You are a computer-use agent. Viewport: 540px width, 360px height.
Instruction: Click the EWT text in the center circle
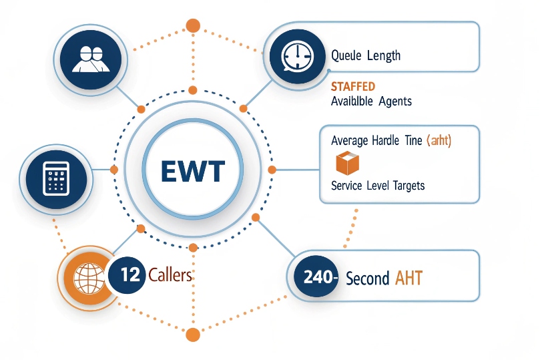tap(193, 171)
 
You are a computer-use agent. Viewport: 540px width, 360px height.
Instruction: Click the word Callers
tap(170, 275)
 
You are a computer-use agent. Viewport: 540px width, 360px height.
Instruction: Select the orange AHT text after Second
tap(409, 277)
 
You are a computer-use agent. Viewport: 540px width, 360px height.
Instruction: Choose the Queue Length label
tap(366, 55)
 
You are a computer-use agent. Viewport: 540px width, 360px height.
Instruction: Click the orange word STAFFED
tap(352, 87)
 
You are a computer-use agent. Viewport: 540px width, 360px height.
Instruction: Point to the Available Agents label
tap(371, 102)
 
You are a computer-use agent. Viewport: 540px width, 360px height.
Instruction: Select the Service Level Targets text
tap(378, 185)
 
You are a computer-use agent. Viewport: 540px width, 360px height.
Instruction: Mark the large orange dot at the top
tap(192, 25)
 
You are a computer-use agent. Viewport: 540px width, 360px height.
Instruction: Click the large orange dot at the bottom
tap(193, 335)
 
